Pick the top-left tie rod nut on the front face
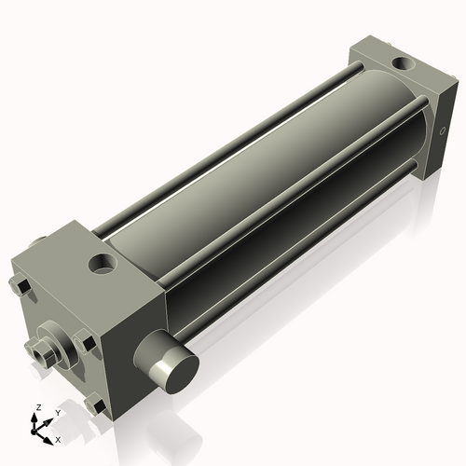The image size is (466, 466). tap(21, 286)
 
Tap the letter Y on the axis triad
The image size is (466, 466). tap(57, 413)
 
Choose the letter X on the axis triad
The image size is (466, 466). tap(58, 438)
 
